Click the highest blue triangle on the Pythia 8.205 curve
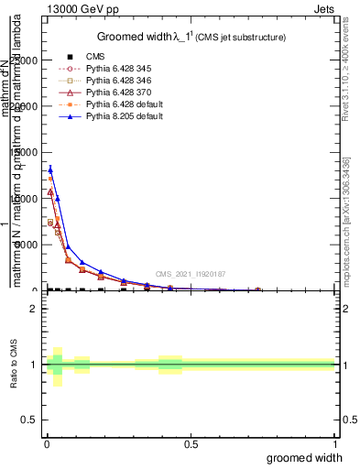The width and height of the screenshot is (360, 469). pos(50,169)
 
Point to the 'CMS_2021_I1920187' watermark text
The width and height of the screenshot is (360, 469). pos(191,274)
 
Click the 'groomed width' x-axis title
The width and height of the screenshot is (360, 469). pos(305,457)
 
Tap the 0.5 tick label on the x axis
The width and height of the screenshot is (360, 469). pos(191,444)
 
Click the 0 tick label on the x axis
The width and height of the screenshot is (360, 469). pos(46,444)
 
